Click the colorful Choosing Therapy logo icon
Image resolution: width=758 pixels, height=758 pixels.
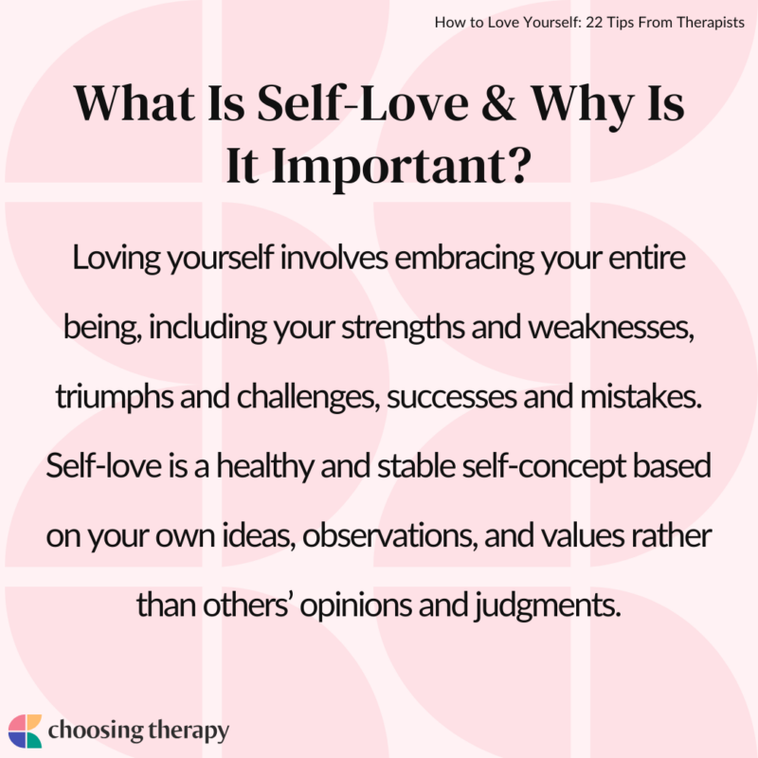pyautogui.click(x=26, y=731)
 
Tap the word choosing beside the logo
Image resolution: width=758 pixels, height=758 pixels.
pyautogui.click(x=99, y=731)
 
